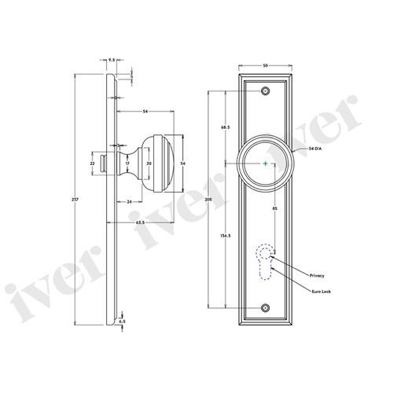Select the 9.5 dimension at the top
click(112, 59)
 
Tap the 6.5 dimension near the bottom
click(122, 321)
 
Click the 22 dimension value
click(93, 163)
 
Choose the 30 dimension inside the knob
click(149, 163)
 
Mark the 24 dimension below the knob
click(128, 201)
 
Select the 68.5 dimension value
click(226, 127)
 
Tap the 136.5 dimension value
click(226, 235)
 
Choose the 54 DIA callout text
click(307, 149)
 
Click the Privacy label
click(316, 276)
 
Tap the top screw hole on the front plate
click(266, 91)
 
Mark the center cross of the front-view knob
click(266, 163)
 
